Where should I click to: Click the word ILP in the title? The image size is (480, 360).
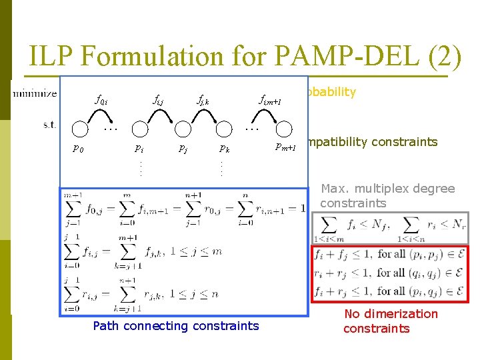coord(51,56)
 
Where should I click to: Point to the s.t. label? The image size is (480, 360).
coord(49,125)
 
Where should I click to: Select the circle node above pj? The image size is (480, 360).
coord(181,129)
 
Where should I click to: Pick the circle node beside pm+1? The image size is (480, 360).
coord(285,129)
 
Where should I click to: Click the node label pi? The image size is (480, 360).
coord(139,148)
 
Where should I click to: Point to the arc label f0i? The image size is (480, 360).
coord(101,101)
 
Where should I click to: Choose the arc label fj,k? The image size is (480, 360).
coord(203,101)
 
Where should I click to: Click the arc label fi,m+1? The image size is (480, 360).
coord(270,101)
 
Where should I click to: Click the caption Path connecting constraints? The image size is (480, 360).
coord(176,326)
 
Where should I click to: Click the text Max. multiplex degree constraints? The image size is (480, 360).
coord(387,196)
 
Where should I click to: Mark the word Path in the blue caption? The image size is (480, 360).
coord(105,326)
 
